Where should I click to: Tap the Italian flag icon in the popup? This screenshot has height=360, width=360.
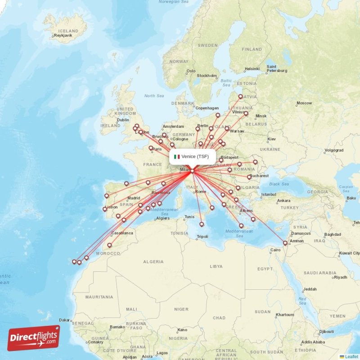pos(177,157)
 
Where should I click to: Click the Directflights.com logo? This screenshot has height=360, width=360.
pos(34,338)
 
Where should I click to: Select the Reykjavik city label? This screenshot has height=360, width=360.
pos(63,35)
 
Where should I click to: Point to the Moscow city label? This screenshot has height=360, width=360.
pos(305,103)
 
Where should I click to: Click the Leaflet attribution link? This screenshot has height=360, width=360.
pos(351,356)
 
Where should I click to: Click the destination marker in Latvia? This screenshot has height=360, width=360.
pos(240,96)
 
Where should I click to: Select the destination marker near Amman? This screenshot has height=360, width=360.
pos(285,243)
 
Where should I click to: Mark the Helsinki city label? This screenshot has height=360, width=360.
pos(252,69)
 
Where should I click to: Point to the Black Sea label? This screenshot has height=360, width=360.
pos(279,184)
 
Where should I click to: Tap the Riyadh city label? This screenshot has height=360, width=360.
pos(341,277)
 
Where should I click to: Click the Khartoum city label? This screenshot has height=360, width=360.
pos(284,315)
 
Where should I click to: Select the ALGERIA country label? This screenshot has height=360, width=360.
pos(153,261)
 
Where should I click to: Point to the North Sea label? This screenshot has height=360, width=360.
pos(154,95)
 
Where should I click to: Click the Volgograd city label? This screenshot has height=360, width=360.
pos(334,150)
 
